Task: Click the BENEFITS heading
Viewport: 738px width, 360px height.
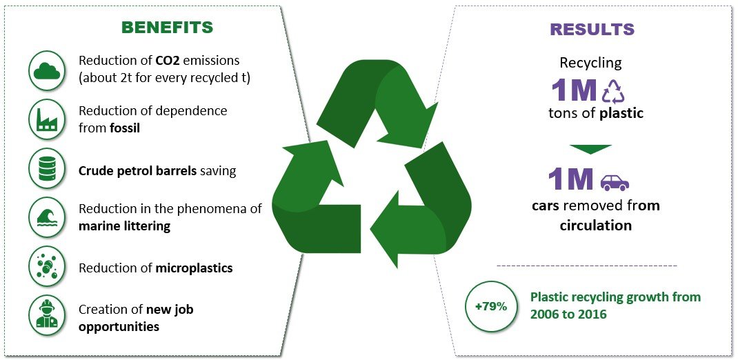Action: [167, 28]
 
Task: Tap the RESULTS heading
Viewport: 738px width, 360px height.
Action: [592, 29]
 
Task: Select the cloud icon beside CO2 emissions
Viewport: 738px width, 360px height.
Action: [47, 71]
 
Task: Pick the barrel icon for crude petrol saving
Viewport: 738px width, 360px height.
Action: [47, 168]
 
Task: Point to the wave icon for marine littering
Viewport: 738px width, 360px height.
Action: [47, 217]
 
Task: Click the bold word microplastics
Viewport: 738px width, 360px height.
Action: [194, 269]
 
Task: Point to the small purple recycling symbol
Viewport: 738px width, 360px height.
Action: [614, 91]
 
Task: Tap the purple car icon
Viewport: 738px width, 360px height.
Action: [615, 183]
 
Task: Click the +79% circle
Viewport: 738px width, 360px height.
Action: [490, 307]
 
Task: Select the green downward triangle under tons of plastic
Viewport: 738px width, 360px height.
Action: [590, 150]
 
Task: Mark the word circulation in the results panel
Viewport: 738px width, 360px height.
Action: [595, 226]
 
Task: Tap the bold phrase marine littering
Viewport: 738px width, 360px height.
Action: [125, 226]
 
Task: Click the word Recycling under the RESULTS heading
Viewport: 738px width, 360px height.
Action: [590, 63]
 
